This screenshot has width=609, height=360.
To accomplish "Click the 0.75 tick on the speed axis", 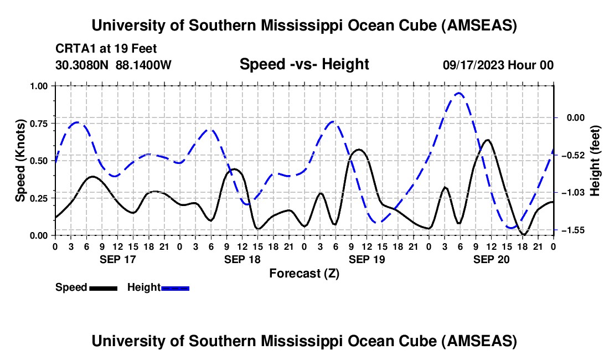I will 39,123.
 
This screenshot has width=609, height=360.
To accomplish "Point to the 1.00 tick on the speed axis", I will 39,86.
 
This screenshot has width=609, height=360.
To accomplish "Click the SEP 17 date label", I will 117,259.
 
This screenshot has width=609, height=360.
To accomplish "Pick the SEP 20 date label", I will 491,259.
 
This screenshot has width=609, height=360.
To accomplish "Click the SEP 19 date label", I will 367,259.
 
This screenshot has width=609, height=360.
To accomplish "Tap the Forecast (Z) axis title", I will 304,273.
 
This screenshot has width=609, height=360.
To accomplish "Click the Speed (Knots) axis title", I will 20,161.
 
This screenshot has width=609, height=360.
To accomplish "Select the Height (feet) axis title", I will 595,161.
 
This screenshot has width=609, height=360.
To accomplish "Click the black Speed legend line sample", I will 103,288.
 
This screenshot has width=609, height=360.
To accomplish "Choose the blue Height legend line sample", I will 175,288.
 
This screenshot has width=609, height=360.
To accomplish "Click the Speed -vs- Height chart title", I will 304,64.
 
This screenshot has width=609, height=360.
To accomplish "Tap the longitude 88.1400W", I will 143,65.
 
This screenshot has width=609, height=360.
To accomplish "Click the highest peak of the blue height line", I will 458,93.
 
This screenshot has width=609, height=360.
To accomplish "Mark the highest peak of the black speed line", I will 487,140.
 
